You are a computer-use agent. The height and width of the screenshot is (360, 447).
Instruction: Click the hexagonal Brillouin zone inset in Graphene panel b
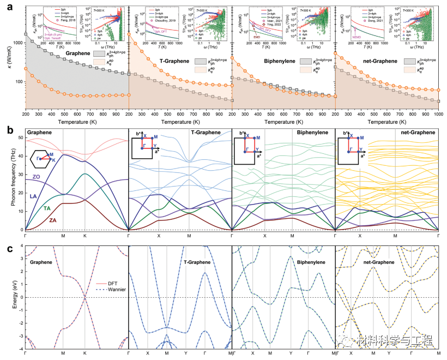pos(42,159)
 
